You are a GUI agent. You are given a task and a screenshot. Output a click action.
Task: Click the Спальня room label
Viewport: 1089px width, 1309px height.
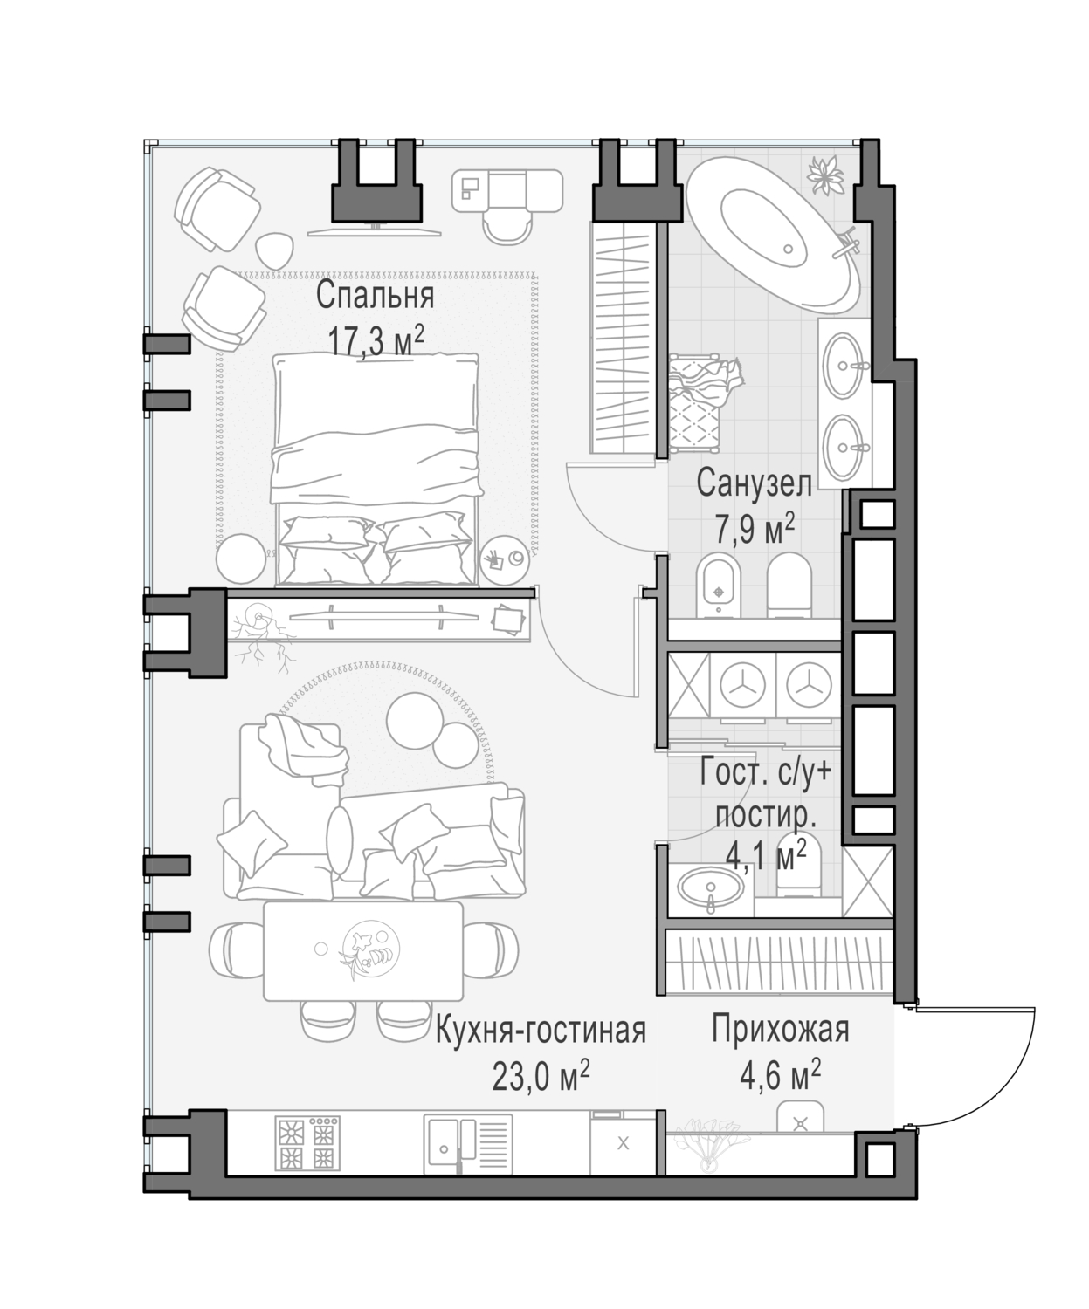[x=376, y=295]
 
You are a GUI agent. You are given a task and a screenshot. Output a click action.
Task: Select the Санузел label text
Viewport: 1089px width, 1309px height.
[x=754, y=483]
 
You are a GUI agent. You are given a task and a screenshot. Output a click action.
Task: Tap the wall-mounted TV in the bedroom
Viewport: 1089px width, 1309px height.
[x=376, y=233]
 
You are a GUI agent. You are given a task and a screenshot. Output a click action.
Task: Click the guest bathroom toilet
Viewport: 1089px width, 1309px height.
[x=798, y=867]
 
